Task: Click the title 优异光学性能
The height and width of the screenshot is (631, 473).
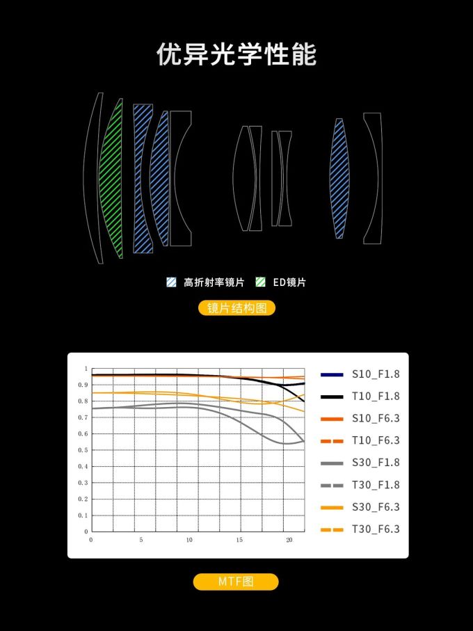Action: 236,54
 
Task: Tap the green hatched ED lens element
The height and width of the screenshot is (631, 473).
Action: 111,178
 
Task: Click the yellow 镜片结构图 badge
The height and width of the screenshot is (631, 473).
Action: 236,308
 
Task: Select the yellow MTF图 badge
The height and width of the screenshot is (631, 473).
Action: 236,582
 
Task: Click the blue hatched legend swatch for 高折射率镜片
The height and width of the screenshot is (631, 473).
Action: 171,282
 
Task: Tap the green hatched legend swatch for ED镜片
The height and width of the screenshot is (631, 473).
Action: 261,282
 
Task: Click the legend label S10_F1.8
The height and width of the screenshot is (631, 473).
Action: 376,374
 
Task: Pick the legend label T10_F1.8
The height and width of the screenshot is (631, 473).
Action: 376,397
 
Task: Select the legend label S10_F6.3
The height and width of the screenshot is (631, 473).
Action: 376,419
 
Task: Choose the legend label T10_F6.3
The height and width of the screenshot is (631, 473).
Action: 376,440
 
